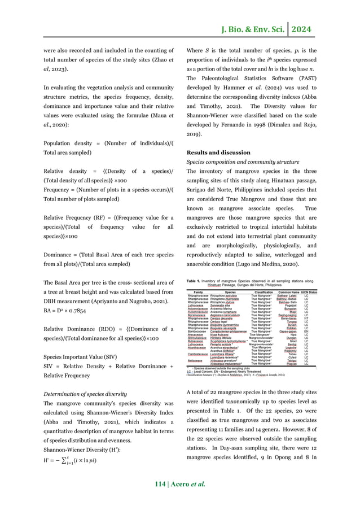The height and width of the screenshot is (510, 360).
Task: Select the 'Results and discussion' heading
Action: (218, 152)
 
